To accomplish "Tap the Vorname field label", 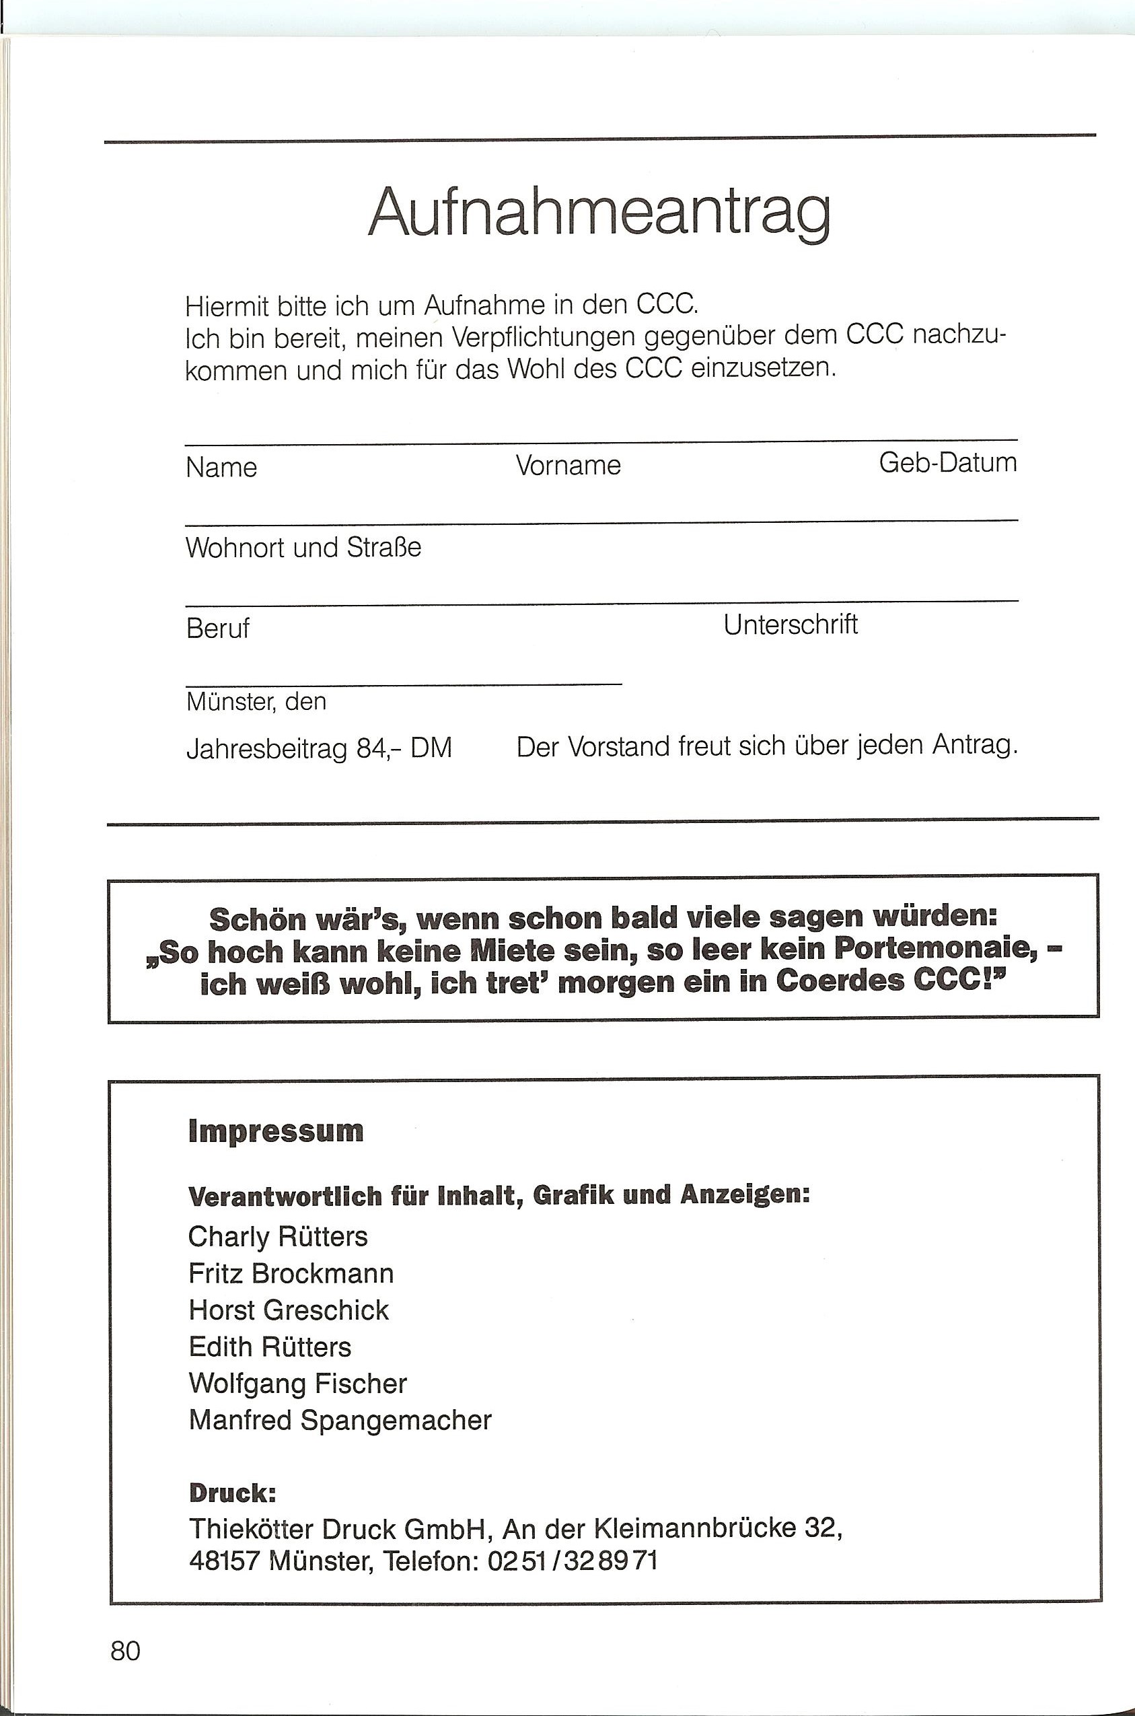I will coord(569,466).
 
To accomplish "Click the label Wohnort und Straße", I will coord(303,547).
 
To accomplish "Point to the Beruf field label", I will coord(217,629).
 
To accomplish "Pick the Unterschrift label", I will coord(791,624).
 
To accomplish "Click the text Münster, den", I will coord(256,702).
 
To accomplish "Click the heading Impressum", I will coord(276,1132).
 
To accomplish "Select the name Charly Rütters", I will coord(278,1237).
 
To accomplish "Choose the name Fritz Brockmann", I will coord(291,1274).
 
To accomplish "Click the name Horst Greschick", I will coord(289,1310).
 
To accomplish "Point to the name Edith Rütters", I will coord(270,1347).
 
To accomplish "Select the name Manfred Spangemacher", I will coord(340,1421).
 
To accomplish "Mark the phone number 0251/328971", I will coord(572,1561).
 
